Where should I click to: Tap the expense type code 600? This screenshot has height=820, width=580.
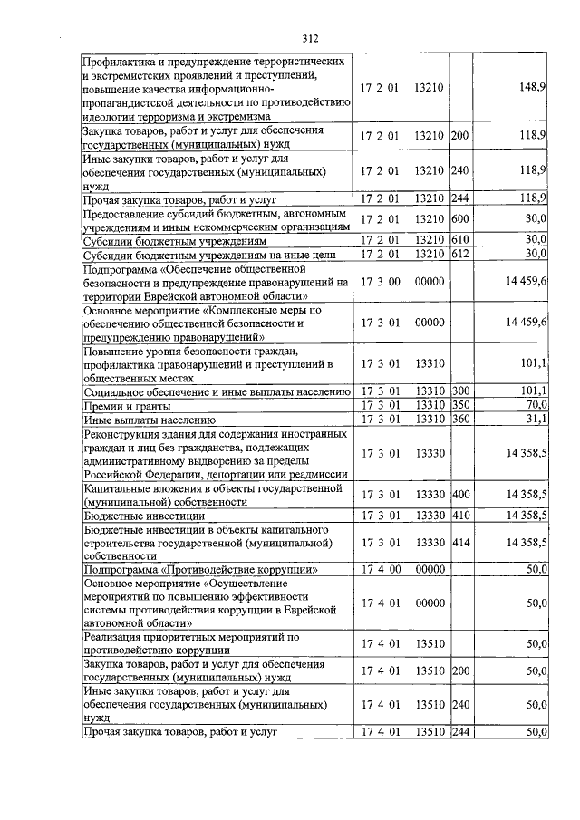pos(459,218)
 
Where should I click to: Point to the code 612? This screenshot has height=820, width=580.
pos(459,253)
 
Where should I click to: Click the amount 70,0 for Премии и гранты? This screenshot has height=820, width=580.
pos(535,405)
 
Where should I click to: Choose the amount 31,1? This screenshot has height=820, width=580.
pos(535,420)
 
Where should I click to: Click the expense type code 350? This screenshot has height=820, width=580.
pos(459,405)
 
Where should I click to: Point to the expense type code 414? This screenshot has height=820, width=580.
pos(459,542)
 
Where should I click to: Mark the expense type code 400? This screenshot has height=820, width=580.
pos(459,494)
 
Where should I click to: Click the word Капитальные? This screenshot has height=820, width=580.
pos(119,487)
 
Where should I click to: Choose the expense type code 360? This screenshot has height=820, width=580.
pos(459,420)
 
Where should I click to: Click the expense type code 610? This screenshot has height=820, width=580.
pos(459,239)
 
